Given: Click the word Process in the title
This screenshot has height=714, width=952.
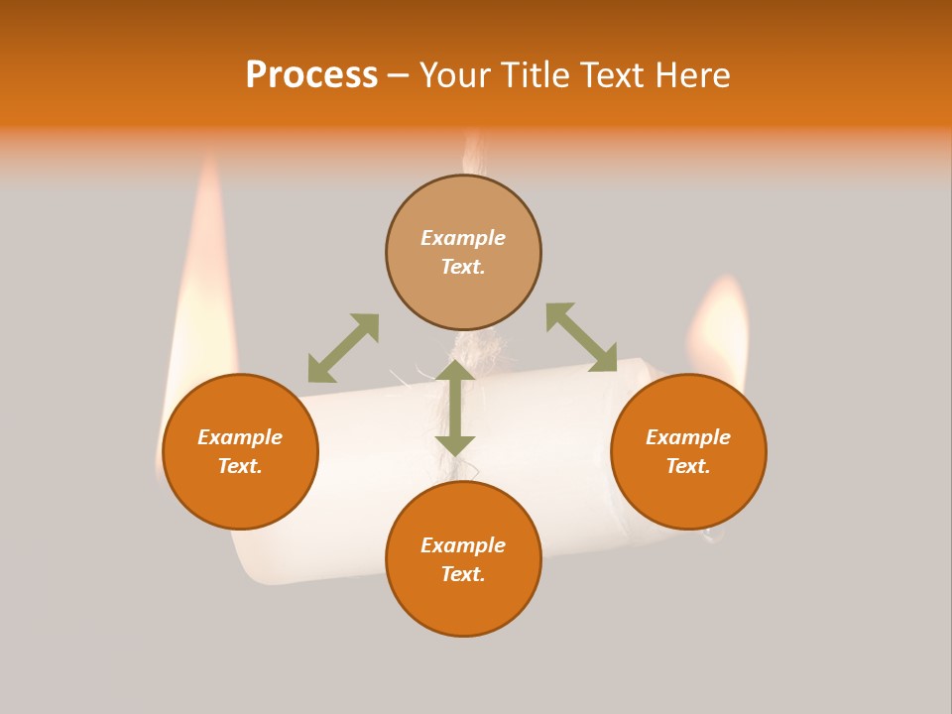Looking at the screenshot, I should coord(311,75).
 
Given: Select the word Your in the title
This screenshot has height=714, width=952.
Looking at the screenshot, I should coord(455,75).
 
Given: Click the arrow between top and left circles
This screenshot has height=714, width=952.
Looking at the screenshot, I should coord(343,348).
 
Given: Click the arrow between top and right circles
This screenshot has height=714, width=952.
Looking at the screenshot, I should coord(582,338).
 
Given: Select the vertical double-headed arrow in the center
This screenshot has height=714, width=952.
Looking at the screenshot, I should coord(455,408).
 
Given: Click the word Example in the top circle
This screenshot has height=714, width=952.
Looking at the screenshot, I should coord(463,238).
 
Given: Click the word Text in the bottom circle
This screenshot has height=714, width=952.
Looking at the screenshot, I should coord(461,574).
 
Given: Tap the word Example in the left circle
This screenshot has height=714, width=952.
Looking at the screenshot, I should coord(240,437).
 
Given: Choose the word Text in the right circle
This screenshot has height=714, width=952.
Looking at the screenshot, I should coord(686,466).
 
